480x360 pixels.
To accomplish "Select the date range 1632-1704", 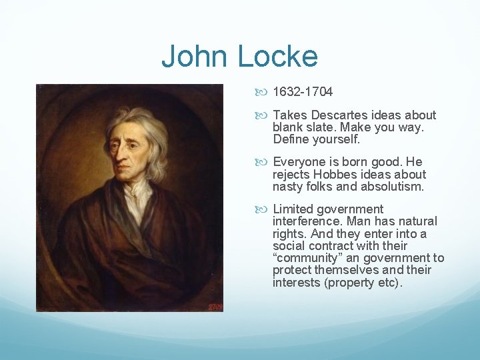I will [x=303, y=92].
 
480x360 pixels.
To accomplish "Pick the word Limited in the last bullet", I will [x=294, y=209].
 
